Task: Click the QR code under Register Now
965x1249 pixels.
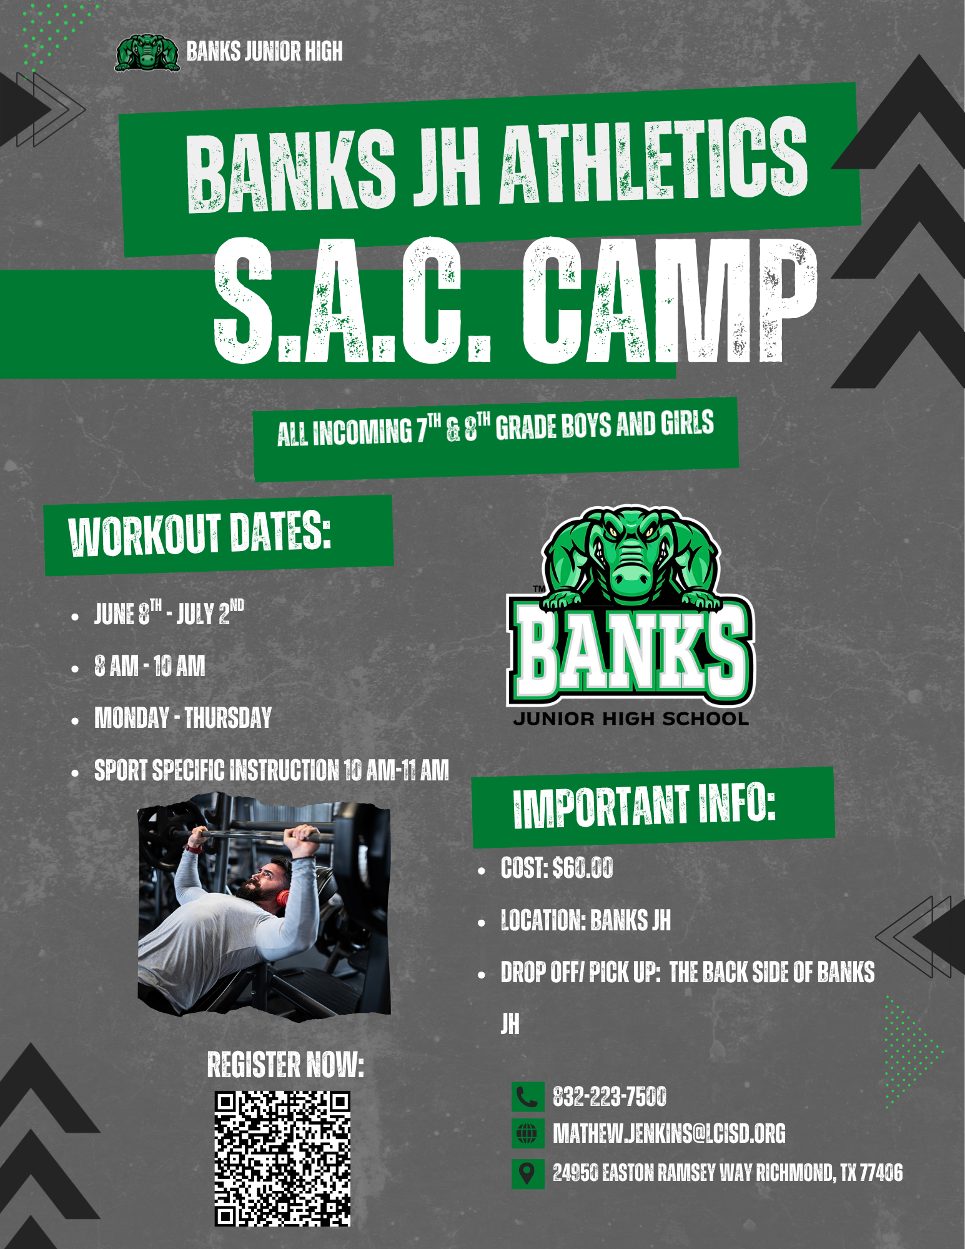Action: click(x=282, y=1158)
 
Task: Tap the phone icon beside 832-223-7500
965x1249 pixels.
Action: click(x=527, y=1097)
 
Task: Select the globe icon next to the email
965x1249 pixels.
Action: click(x=527, y=1133)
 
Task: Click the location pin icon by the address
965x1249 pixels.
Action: click(x=527, y=1173)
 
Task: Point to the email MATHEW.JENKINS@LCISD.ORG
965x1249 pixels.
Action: click(x=669, y=1133)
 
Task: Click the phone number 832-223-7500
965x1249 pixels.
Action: click(x=610, y=1097)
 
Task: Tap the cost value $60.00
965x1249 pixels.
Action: click(x=583, y=868)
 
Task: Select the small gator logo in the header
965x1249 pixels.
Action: click(x=147, y=52)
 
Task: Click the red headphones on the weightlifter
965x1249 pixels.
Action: click(x=283, y=897)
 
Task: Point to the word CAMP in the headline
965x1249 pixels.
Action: click(x=670, y=301)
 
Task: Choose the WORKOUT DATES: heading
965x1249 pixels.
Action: click(x=200, y=534)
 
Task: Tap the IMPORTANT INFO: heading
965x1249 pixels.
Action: click(x=645, y=806)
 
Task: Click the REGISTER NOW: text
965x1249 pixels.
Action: click(x=285, y=1065)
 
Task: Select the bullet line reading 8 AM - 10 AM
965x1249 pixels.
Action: click(x=150, y=666)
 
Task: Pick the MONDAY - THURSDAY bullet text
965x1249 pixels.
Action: click(x=183, y=718)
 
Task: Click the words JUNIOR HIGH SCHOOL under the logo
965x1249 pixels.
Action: click(x=631, y=719)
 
